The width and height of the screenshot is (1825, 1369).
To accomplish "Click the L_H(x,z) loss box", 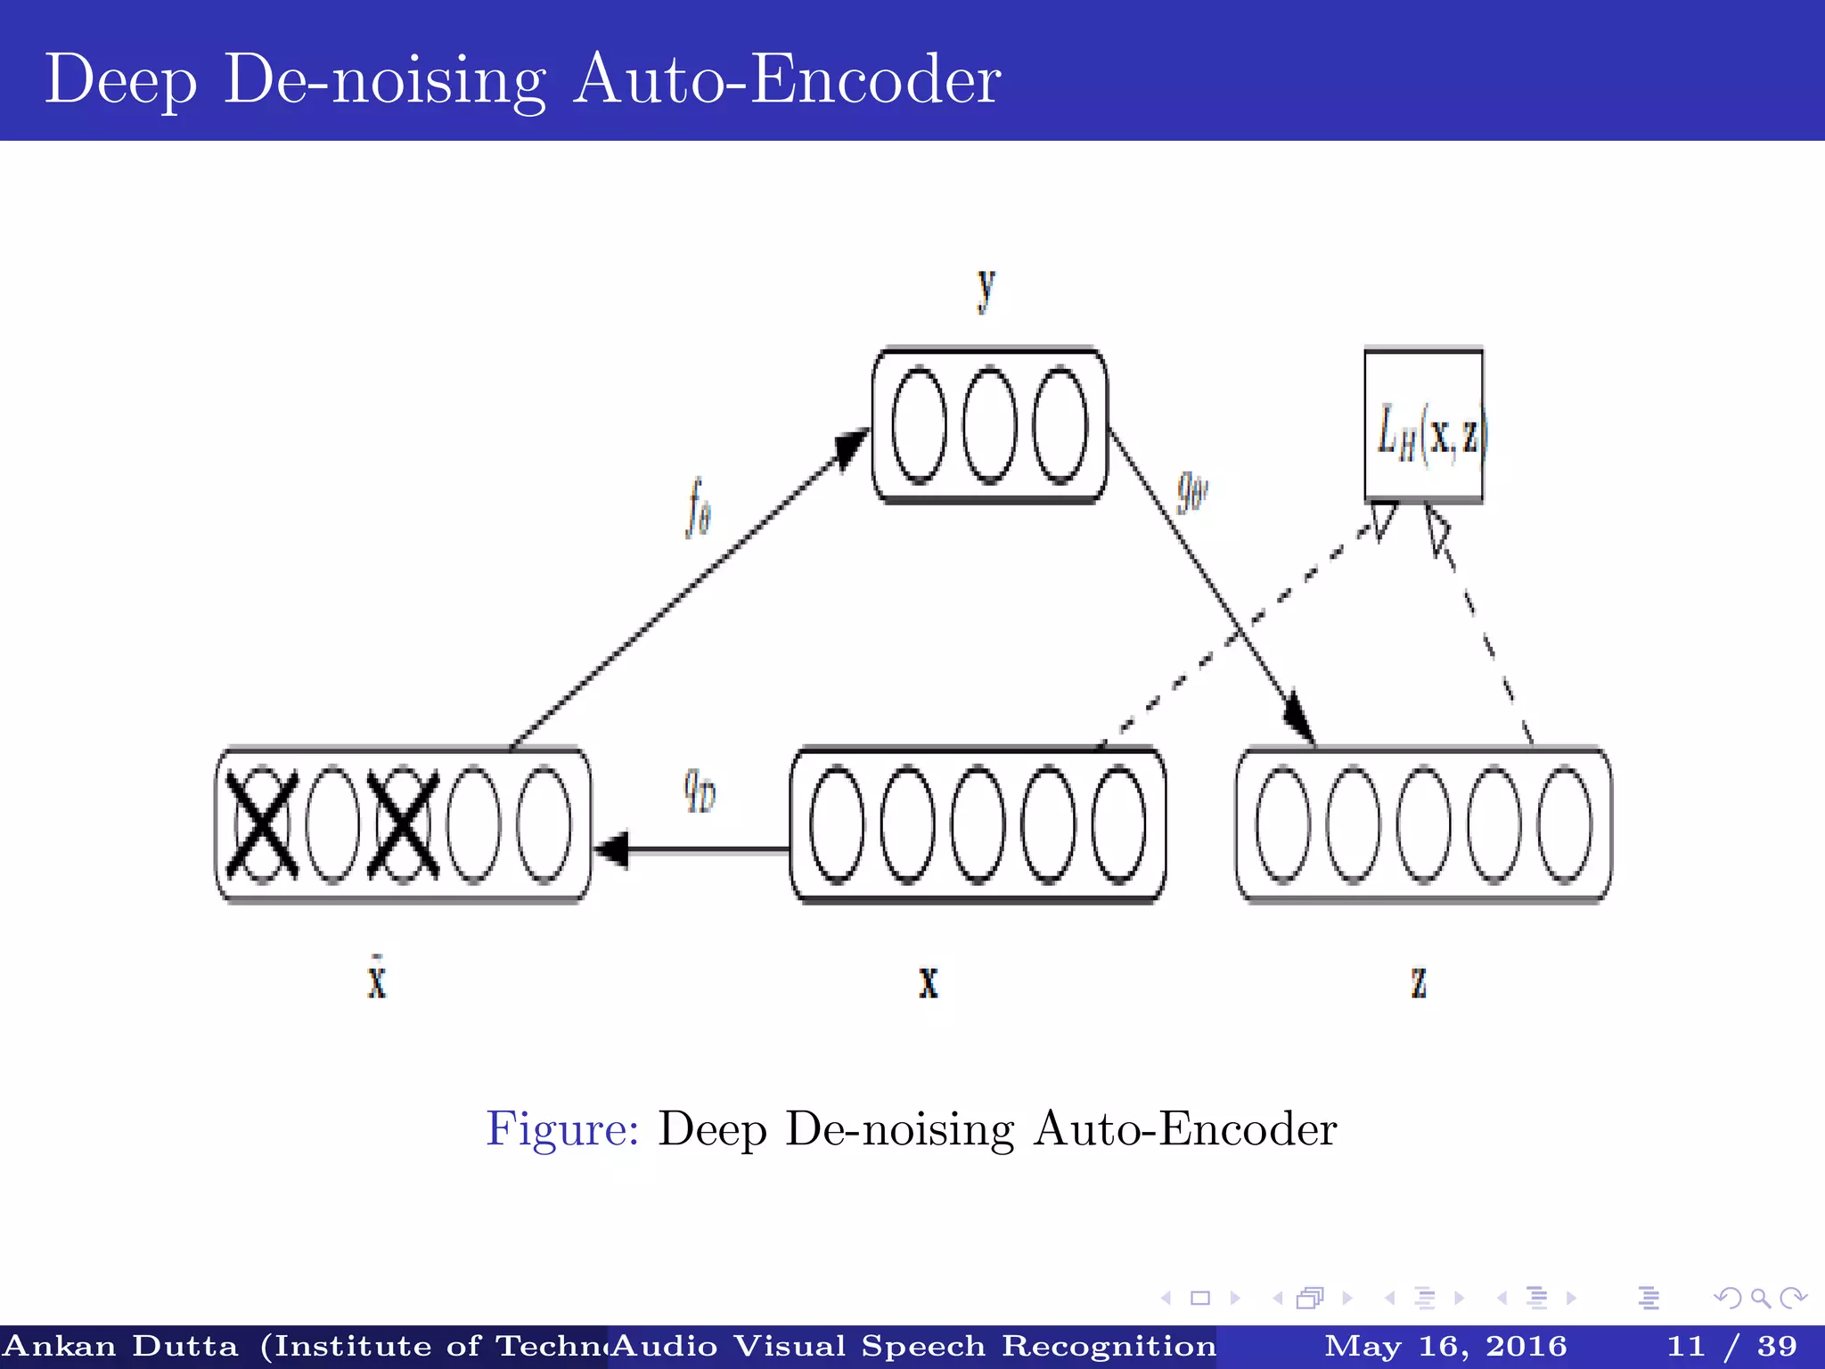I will point(1424,427).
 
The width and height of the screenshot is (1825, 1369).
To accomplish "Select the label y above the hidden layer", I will point(986,289).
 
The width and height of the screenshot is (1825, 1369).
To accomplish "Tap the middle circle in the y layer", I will point(989,425).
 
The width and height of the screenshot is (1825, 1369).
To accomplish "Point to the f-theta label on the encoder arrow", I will point(699,507).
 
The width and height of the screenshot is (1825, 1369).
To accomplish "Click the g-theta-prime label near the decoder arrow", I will point(1191,491).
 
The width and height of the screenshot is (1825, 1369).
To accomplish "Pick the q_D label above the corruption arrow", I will point(700,790).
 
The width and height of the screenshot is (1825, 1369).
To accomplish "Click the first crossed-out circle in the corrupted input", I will point(262,824).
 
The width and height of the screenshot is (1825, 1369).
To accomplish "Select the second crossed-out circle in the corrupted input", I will point(404,824).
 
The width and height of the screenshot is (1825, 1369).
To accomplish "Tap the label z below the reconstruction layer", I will point(1419,982).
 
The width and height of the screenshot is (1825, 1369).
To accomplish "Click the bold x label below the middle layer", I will point(929,982).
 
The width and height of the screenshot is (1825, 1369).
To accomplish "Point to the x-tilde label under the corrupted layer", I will point(377,979).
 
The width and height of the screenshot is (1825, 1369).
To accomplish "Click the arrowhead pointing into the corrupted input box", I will point(611,848).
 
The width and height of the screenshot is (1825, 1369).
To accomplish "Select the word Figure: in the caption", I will point(562,1129).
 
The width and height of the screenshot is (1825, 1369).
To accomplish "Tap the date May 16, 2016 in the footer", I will point(1445,1346).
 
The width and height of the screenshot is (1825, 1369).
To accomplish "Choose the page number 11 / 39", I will point(1731,1346).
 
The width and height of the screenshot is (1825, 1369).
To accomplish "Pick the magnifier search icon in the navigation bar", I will point(1760,1298).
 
